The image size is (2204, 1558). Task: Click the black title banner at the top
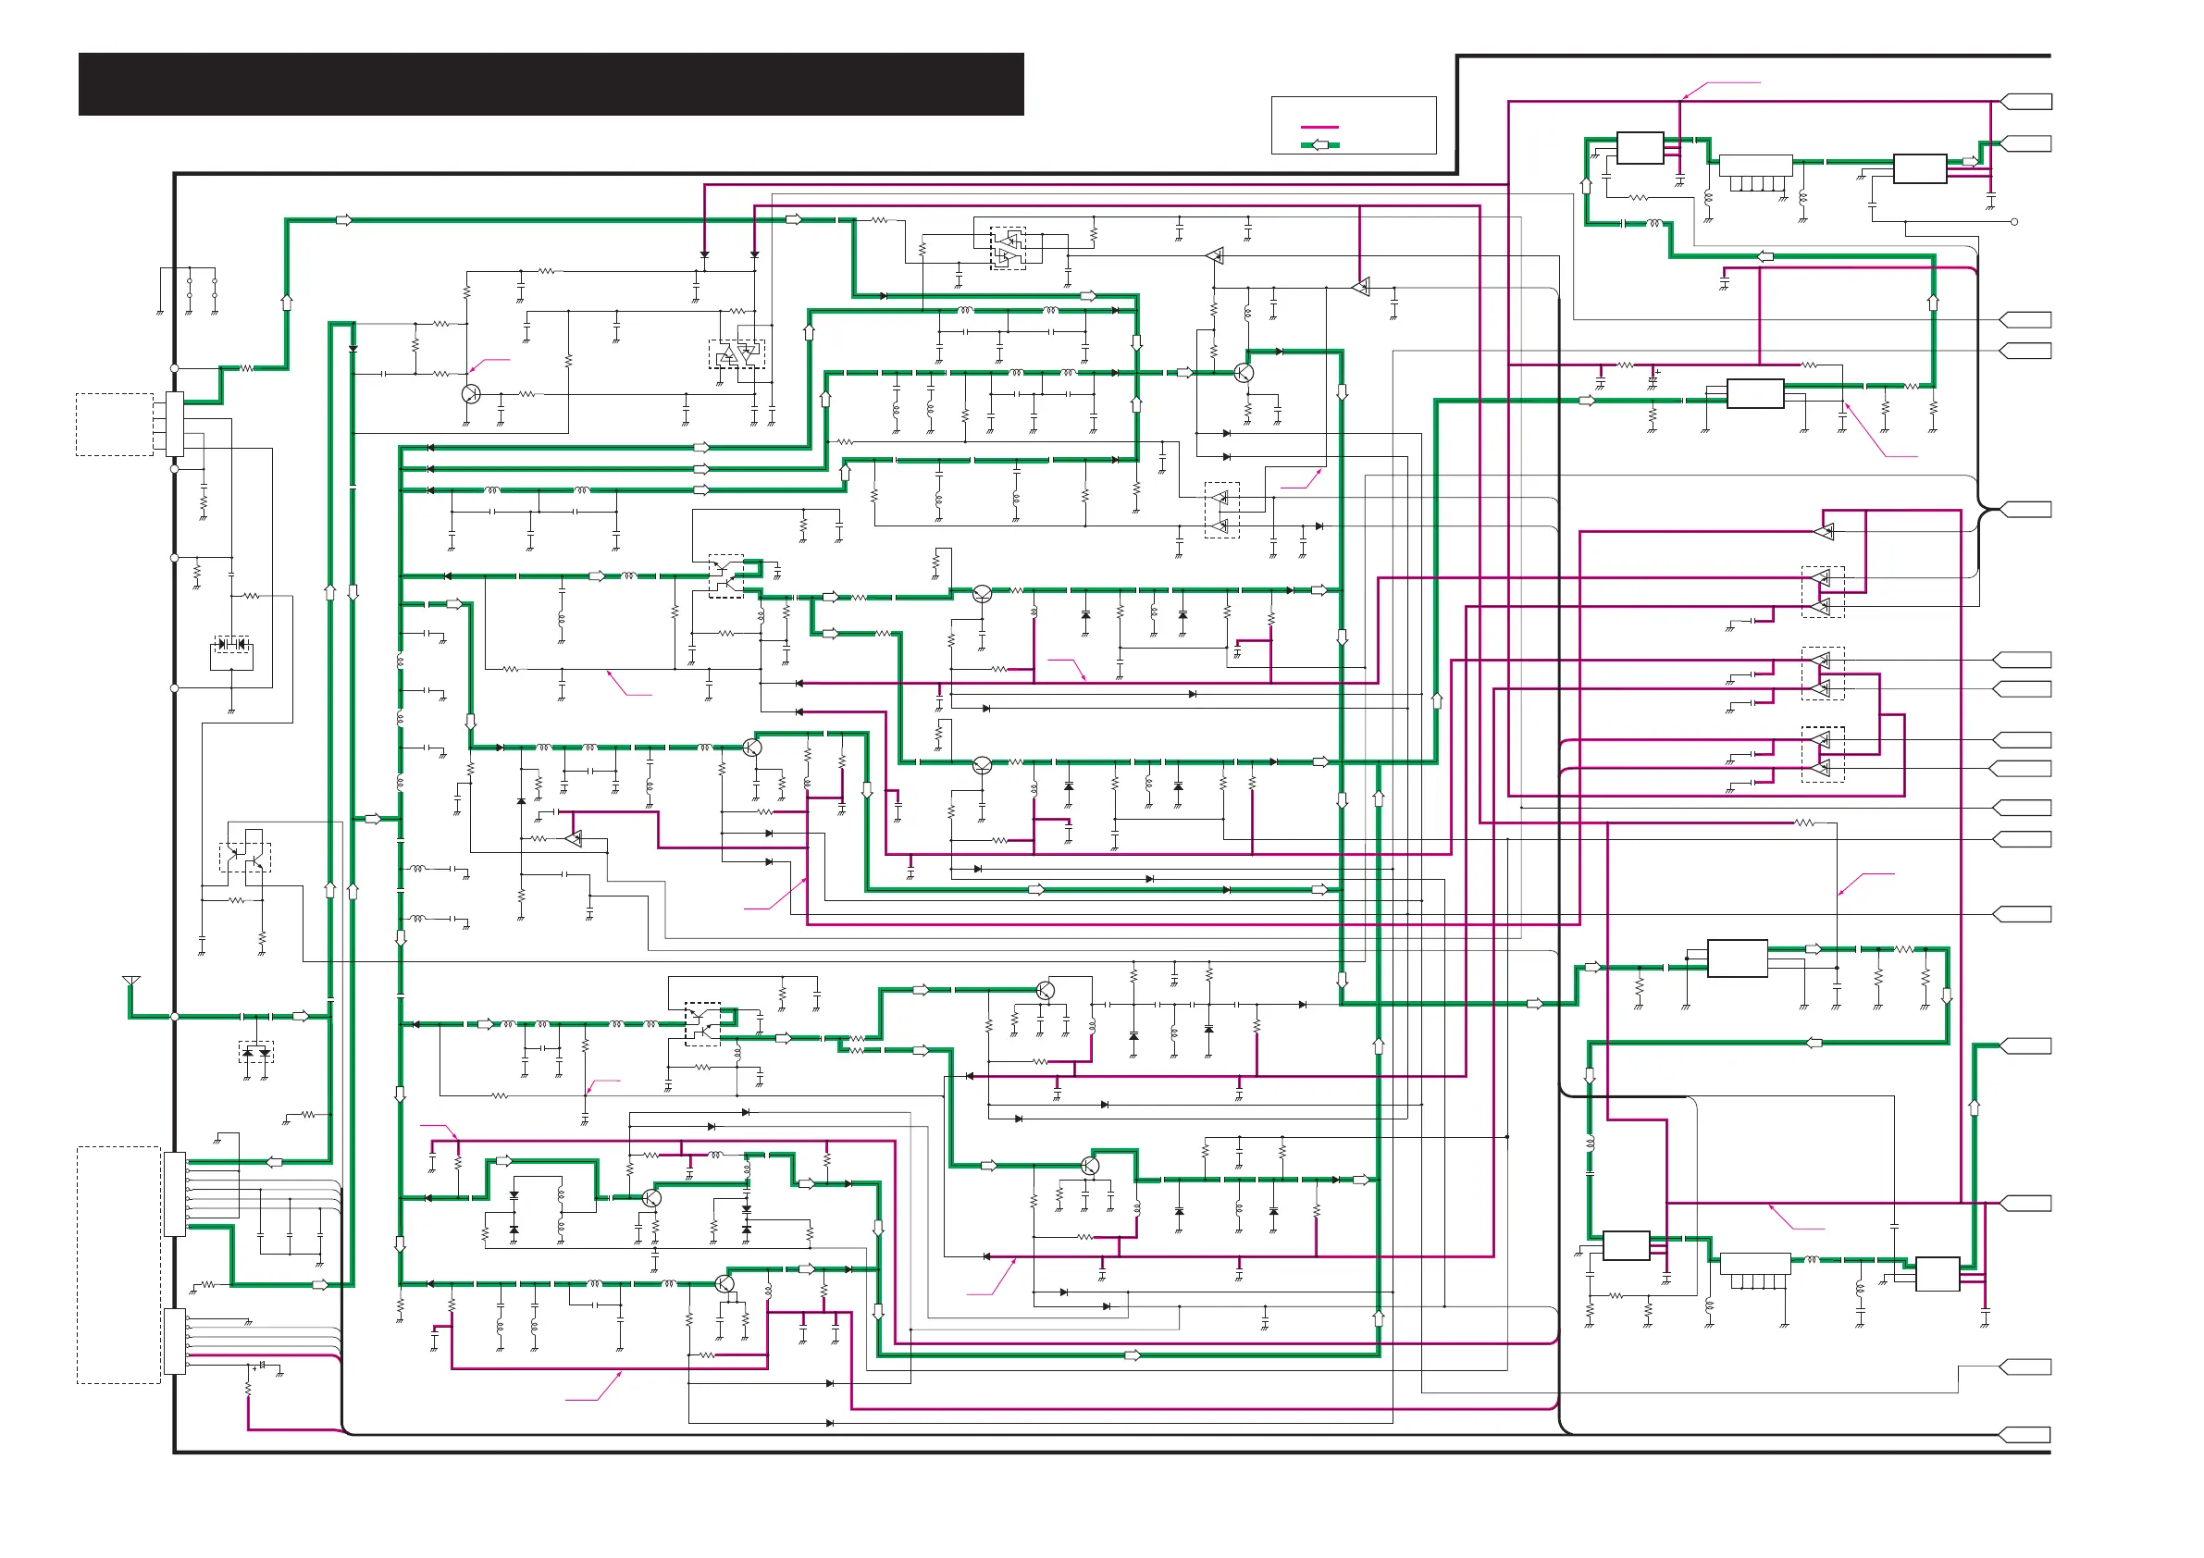[x=551, y=84]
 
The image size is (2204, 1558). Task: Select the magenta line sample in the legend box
[x=1319, y=127]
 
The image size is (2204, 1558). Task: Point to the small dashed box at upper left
[x=114, y=425]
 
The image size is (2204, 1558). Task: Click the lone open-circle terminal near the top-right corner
[x=2014, y=222]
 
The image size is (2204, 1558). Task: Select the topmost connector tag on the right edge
[x=2026, y=102]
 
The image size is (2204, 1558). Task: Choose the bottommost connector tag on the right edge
[x=2025, y=1435]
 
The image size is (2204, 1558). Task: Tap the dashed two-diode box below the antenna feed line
[x=256, y=1052]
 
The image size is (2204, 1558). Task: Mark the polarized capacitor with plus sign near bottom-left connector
[x=261, y=1365]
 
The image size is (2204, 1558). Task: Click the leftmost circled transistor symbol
[x=471, y=393]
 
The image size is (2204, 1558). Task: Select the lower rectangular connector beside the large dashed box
[x=175, y=1342]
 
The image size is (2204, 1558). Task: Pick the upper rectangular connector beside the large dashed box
[x=175, y=1194]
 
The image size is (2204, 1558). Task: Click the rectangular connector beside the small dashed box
[x=175, y=424]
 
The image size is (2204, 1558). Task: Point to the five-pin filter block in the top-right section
[x=1756, y=173]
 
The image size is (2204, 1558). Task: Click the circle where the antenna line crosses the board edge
[x=175, y=1017]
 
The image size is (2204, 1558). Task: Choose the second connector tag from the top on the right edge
[x=2026, y=143]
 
